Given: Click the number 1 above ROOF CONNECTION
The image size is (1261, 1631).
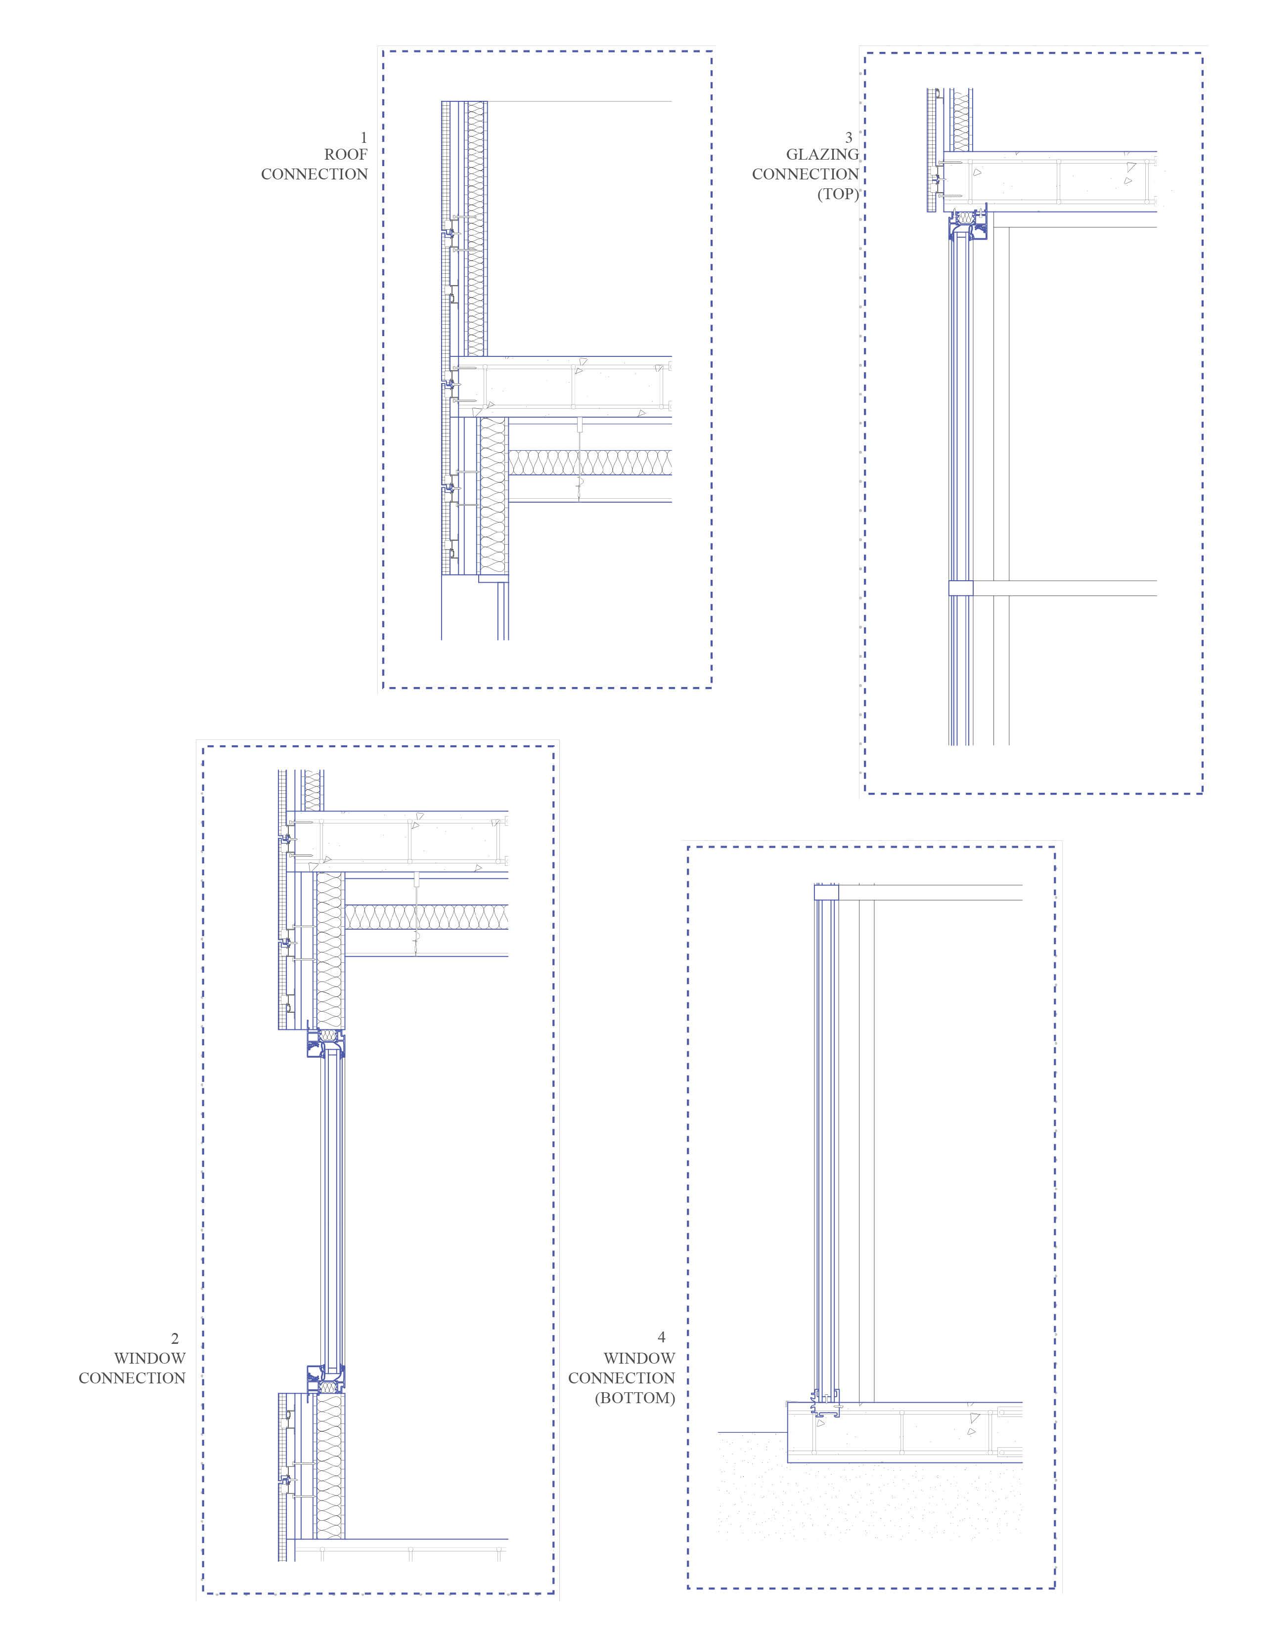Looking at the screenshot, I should tap(364, 137).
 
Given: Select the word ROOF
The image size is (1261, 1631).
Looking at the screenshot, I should tap(346, 155).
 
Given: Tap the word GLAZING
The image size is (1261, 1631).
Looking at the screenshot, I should tap(822, 155).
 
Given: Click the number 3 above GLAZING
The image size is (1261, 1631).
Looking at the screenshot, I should tap(849, 137).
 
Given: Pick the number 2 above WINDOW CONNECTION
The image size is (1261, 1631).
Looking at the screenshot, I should tap(175, 1339).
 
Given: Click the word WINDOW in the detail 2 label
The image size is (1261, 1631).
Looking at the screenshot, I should tap(149, 1358).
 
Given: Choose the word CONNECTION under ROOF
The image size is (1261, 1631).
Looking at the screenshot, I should tap(315, 174).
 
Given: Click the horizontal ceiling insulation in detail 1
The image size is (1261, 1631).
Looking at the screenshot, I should tap(590, 463).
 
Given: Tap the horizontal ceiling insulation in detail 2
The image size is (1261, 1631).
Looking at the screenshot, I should tap(426, 917).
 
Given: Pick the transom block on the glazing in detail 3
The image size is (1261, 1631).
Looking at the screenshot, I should tap(961, 588).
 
